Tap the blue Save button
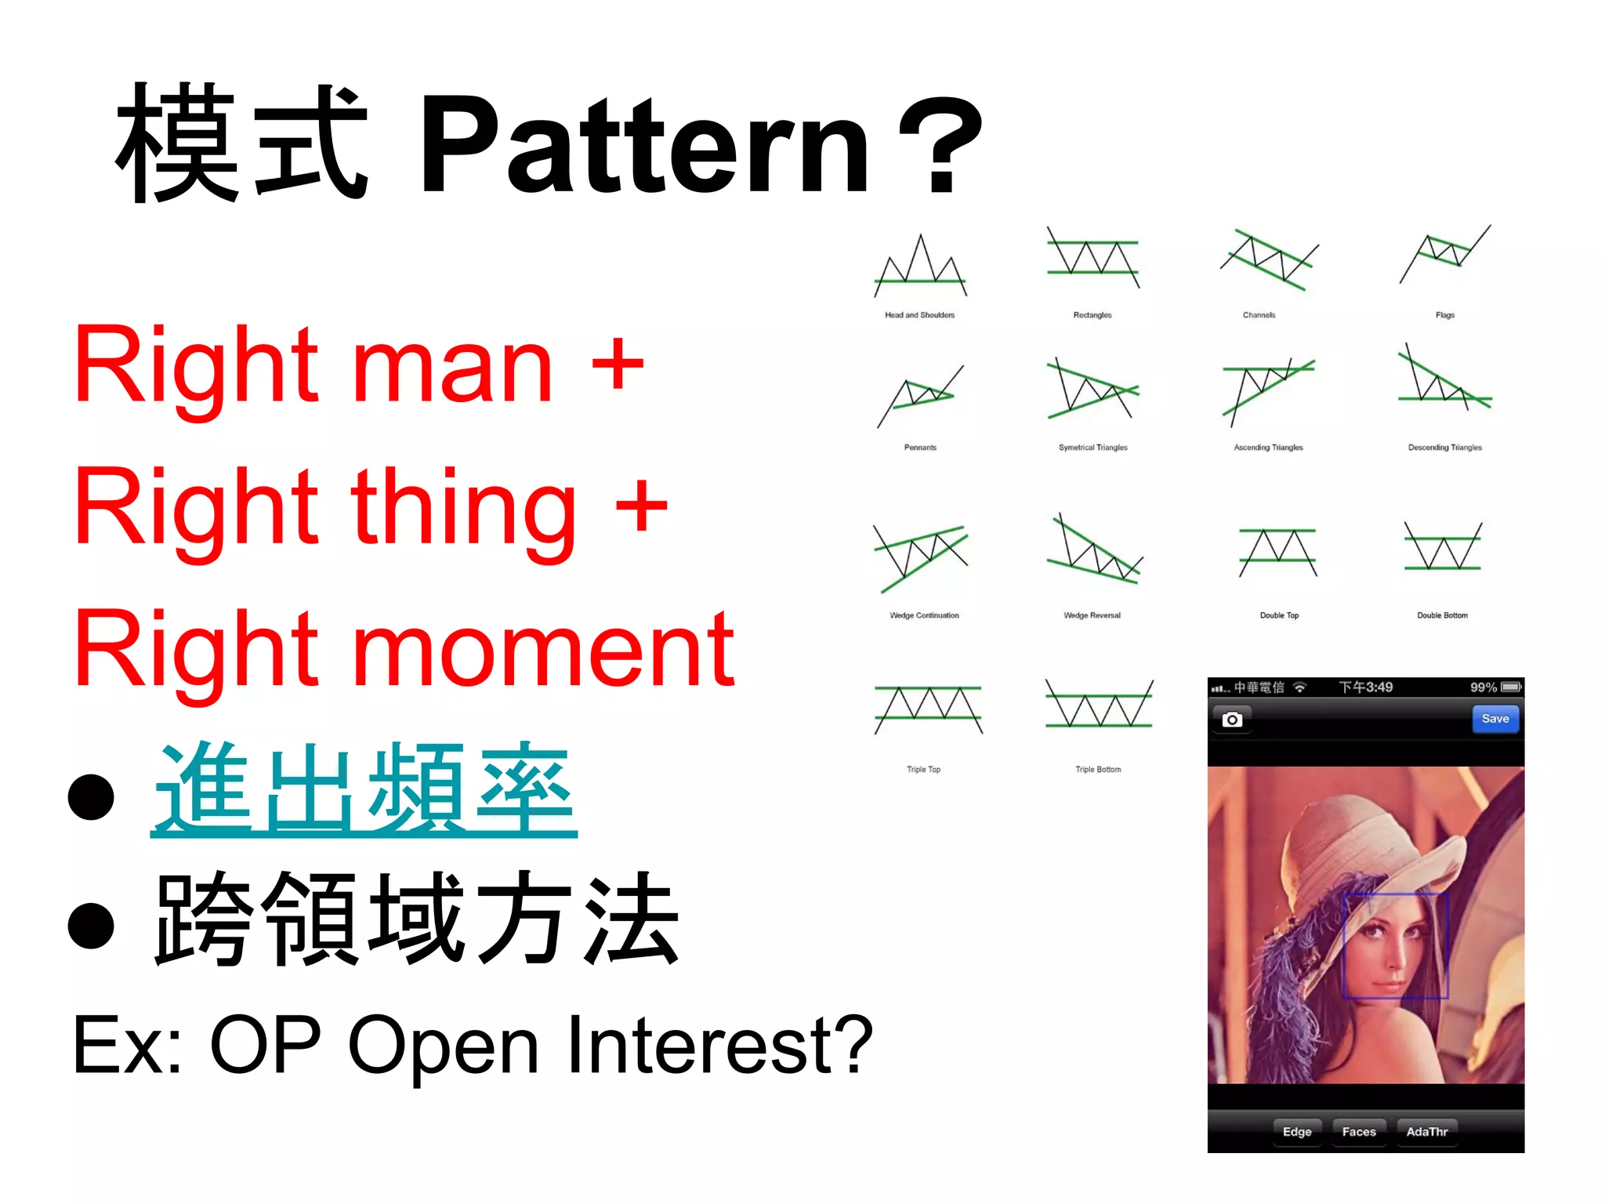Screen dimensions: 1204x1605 pyautogui.click(x=1494, y=719)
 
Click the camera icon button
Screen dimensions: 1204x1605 pyautogui.click(x=1232, y=720)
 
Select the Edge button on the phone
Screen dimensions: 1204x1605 pyautogui.click(x=1296, y=1131)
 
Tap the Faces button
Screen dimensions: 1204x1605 pyautogui.click(x=1358, y=1131)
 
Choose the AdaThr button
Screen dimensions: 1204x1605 pyautogui.click(x=1426, y=1131)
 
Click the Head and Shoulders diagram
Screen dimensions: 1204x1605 pyautogui.click(x=920, y=267)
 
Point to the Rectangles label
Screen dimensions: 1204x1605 pyautogui.click(x=1092, y=315)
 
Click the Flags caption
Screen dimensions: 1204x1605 pyautogui.click(x=1444, y=315)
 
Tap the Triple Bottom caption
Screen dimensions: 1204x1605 pyautogui.click(x=1097, y=770)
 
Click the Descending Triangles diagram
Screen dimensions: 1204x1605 pyautogui.click(x=1444, y=380)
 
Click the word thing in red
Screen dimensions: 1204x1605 pyautogui.click(x=462, y=510)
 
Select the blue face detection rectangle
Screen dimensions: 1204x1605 pyautogui.click(x=1396, y=945)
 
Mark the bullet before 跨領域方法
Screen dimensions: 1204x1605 pyautogui.click(x=92, y=925)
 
